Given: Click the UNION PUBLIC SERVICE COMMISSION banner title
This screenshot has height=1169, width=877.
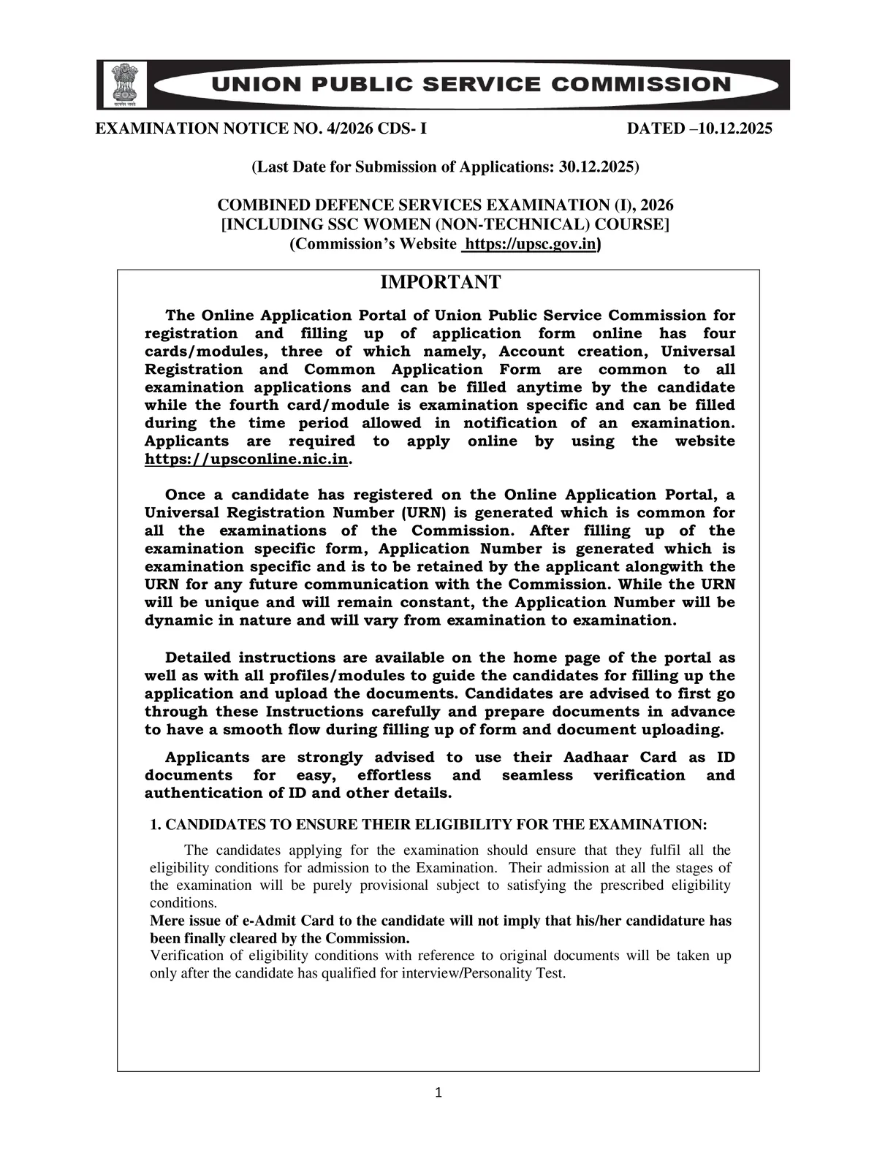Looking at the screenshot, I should pos(471,84).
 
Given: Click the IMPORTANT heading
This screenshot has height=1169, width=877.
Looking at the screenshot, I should pos(438,282).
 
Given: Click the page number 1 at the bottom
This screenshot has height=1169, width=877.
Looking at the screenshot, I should pos(438,1093).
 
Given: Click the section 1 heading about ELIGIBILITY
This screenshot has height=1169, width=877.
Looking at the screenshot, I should pos(428,824).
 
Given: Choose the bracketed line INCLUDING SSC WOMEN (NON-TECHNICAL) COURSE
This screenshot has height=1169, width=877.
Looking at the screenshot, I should pos(445,224).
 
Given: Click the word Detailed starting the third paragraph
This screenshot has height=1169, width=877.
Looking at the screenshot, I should pos(197,658).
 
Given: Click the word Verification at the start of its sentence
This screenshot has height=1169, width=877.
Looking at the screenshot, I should pos(186,956).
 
